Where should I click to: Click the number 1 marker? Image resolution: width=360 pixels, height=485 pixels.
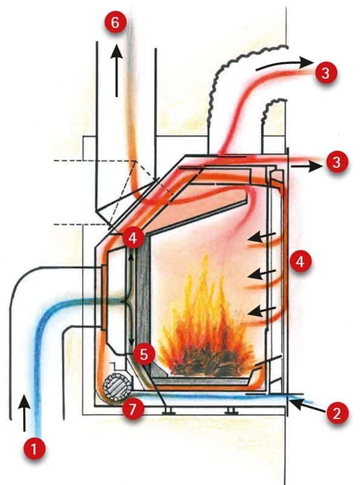35,448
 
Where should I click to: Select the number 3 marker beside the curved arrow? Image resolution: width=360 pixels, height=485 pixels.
325,73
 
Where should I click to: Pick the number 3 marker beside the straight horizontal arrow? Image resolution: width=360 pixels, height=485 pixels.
336,162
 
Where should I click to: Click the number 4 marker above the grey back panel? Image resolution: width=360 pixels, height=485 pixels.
133,238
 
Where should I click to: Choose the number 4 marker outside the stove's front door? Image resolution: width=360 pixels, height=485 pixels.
299,261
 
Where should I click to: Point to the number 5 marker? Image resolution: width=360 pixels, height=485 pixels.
144,355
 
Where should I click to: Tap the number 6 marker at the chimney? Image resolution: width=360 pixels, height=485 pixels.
115,22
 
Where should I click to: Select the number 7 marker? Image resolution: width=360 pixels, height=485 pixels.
133,409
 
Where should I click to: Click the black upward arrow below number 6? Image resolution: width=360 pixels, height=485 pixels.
116,70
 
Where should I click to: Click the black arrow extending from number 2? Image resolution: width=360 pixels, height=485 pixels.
307,406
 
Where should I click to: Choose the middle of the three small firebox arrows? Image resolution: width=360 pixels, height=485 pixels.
262,273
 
